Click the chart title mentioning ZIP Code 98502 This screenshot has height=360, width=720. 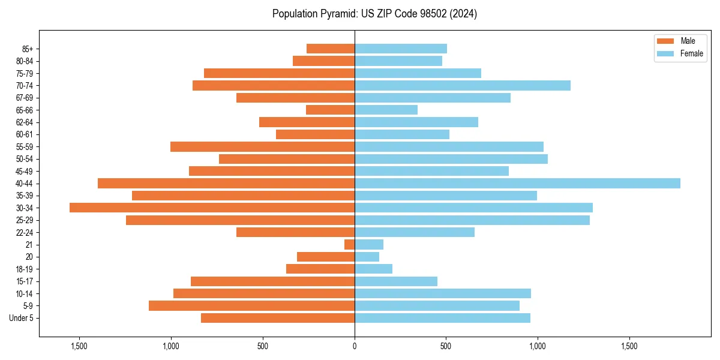[x=374, y=14]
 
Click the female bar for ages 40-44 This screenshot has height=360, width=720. [x=517, y=183]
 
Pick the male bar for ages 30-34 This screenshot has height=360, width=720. [x=212, y=208]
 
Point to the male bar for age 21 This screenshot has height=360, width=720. [x=349, y=244]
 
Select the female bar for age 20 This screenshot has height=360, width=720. [x=367, y=257]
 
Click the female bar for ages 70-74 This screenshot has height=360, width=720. [x=462, y=85]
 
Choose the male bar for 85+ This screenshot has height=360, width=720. [x=331, y=49]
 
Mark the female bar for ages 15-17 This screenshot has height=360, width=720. [x=396, y=281]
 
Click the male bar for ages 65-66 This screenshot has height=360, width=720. [x=330, y=110]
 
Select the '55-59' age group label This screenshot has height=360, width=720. [x=25, y=146]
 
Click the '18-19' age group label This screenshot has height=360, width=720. [x=25, y=269]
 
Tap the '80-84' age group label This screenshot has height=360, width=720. [x=25, y=61]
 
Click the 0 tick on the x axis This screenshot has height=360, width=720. [x=355, y=346]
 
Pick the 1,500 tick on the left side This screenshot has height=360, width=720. [x=79, y=346]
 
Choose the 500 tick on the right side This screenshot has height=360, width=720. [x=446, y=346]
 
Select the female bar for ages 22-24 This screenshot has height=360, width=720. [x=415, y=232]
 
